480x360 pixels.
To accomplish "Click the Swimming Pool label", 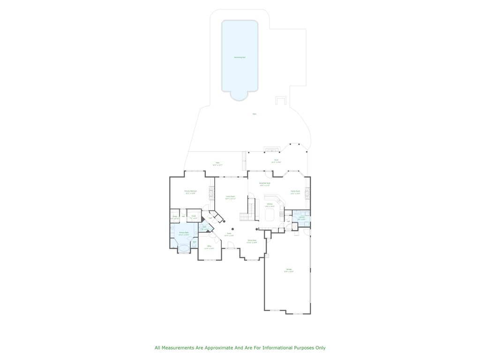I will coord(240,57).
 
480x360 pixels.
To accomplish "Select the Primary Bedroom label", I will coord(190,192).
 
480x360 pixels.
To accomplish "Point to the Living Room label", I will coord(230,197).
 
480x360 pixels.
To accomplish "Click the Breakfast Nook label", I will coord(265,184).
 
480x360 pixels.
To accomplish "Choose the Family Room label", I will coord(295,192).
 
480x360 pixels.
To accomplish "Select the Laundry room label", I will coord(301,218).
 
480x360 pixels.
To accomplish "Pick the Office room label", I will coord(210,247).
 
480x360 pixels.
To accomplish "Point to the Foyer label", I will coord(229,234).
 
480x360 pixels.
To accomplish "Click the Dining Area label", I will coord(252,241).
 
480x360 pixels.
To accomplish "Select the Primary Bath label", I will coord(183,233).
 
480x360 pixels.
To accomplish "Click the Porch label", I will coord(277,161).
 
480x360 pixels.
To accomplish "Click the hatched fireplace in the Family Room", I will coord(307,193).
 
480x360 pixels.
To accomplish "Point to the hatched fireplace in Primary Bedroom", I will coord(211,193).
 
